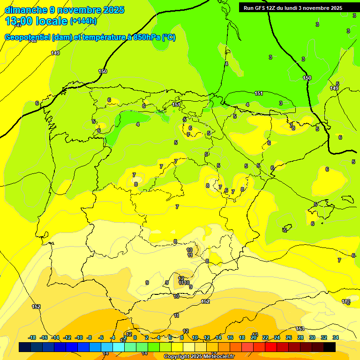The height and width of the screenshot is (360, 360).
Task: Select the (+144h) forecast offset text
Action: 83,21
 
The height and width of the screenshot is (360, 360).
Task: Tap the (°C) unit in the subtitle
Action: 169,37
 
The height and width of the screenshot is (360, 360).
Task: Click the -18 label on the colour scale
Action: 32,337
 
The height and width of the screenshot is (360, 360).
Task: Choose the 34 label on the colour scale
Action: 336,337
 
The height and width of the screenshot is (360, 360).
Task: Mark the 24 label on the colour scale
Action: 277,337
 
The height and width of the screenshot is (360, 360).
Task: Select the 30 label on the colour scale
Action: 312,337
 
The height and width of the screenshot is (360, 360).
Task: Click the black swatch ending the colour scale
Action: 330,347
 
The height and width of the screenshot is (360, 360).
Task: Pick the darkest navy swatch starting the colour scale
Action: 25,347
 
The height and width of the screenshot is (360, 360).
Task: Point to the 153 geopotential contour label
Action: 300,329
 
